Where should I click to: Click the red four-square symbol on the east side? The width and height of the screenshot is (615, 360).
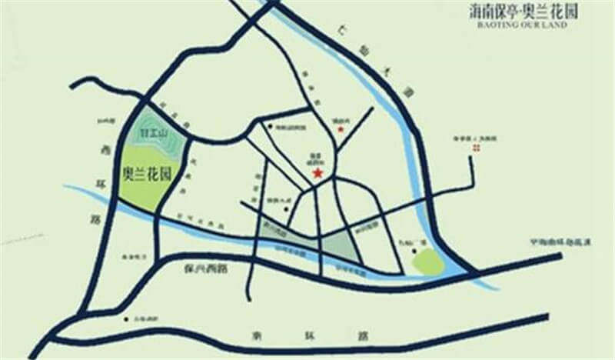tap(476, 148)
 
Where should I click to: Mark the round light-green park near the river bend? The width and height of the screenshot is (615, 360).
tap(427, 262)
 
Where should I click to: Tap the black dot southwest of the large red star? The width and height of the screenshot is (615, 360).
tap(257, 182)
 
